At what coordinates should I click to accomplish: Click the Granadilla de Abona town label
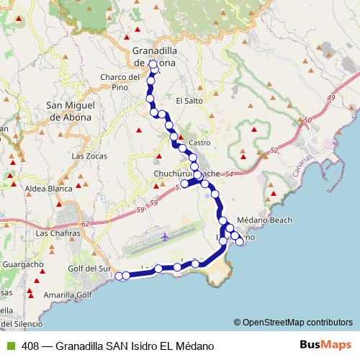154,57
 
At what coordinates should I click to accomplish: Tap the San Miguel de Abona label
69,111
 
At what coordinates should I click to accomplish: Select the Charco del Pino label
120,82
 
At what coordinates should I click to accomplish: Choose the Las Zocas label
89,156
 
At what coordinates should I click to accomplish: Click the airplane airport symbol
166,235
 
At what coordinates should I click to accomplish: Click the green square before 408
10,346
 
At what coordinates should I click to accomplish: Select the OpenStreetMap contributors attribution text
297,322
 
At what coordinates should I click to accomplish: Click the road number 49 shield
331,96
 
